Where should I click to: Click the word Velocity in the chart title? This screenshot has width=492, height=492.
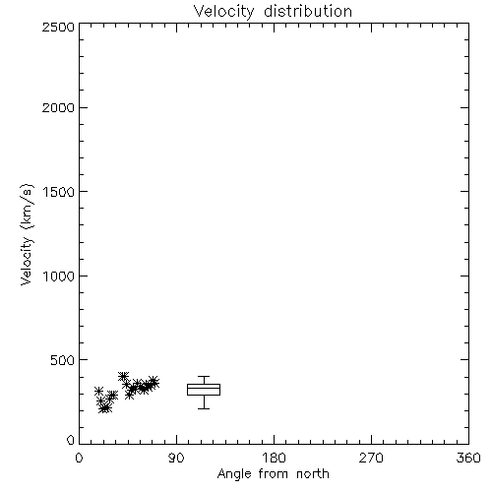(x=223, y=12)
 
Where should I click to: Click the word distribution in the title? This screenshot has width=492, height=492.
(x=308, y=11)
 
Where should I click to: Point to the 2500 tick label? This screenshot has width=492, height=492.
(x=58, y=27)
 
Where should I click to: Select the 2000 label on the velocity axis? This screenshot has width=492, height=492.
(x=58, y=107)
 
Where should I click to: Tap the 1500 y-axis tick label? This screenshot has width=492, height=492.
(x=59, y=192)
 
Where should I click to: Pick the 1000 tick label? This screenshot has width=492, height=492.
(x=59, y=277)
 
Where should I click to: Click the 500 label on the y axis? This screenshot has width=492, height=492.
(x=62, y=360)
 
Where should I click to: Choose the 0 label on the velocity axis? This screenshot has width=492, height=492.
(x=71, y=440)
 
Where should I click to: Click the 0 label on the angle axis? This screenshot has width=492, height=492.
(x=79, y=458)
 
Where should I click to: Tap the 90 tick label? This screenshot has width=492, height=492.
(x=176, y=458)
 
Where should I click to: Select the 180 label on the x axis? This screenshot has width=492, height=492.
(x=274, y=458)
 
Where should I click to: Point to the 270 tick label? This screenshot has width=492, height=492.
(x=371, y=458)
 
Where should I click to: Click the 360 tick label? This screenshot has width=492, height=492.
(x=468, y=458)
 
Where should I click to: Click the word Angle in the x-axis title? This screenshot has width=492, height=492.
(x=234, y=474)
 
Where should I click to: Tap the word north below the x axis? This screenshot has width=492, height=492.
(x=313, y=474)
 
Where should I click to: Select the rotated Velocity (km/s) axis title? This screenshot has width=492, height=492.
(x=27, y=234)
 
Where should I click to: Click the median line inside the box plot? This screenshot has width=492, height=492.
(x=204, y=388)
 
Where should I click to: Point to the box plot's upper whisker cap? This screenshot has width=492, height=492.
(x=204, y=376)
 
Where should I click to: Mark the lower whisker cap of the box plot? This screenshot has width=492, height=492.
(x=204, y=408)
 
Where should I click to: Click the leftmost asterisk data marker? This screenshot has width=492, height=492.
(x=98, y=391)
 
